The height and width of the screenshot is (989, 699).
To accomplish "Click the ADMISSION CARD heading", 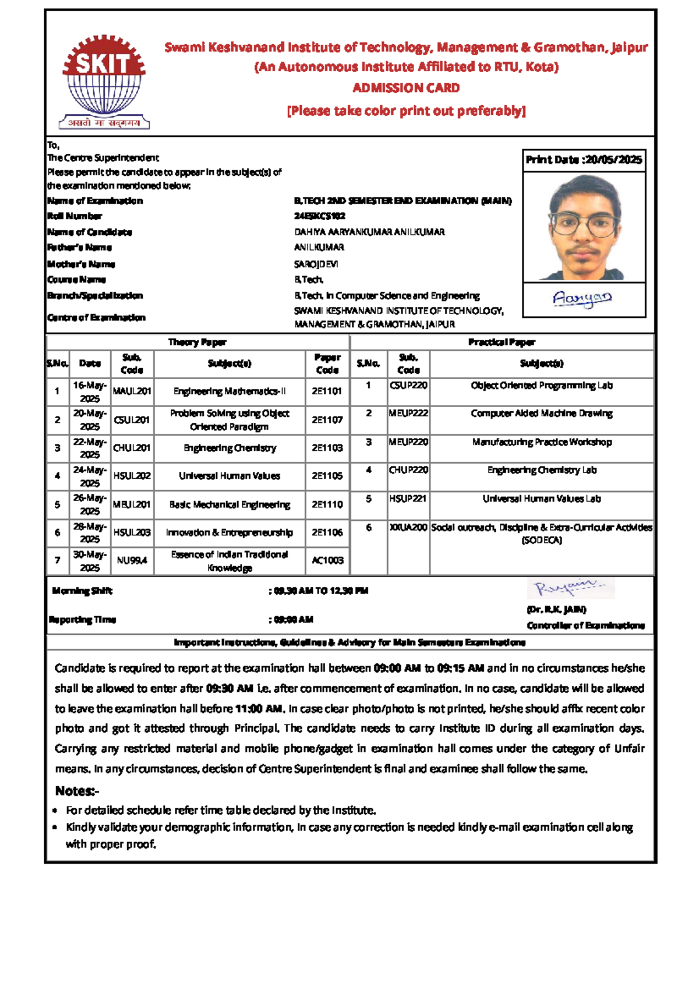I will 406,88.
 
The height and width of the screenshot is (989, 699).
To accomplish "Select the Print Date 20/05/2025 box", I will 584,160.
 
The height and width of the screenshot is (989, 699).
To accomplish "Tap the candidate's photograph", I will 584,227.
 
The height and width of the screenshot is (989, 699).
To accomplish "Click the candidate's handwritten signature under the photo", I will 582,299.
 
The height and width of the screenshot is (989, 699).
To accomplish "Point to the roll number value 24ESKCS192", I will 319,216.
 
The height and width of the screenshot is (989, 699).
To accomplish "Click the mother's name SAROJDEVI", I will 316,264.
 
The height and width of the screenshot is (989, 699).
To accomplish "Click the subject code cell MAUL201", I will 132,391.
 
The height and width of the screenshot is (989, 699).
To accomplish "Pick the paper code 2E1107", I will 327,419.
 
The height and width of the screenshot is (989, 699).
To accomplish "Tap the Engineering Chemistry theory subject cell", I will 230,448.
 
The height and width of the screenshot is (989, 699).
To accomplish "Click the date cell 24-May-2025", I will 90,476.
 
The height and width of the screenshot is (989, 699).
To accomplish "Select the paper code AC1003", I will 327,560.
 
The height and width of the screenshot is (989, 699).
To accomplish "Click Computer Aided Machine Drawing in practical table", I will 541,414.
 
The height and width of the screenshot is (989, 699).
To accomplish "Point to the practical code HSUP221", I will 408,499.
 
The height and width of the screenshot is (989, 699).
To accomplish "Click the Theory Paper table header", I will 197,342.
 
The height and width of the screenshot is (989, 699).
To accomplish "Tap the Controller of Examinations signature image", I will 571,588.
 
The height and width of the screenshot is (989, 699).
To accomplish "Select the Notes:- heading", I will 77,791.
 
